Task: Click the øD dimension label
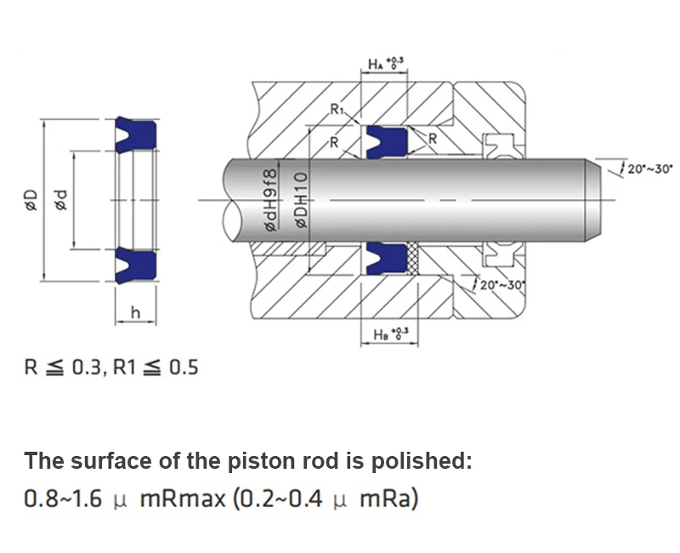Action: [31, 200]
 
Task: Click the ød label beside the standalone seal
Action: [61, 200]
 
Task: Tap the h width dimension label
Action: [136, 312]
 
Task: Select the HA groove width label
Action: [386, 64]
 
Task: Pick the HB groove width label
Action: [391, 334]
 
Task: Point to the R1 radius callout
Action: [337, 110]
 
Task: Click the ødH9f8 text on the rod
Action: [269, 200]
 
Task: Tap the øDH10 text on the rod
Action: [302, 200]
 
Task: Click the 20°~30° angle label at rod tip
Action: [649, 168]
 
